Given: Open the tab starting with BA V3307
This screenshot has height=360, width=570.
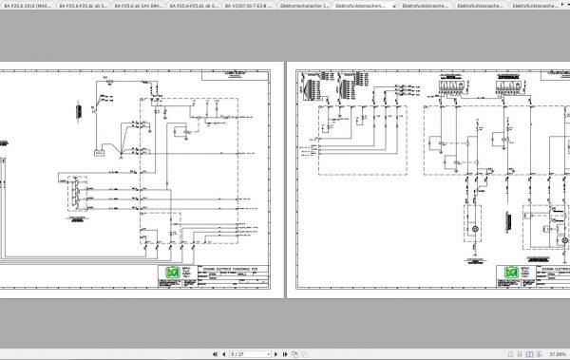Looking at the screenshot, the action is (250, 6).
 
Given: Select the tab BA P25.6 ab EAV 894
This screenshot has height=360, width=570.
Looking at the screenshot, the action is (140, 6).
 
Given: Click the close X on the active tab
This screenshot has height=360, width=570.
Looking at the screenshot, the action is (393, 6).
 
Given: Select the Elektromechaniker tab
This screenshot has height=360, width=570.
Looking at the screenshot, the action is (305, 6).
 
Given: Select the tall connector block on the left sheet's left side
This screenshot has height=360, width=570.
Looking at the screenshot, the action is (71, 198).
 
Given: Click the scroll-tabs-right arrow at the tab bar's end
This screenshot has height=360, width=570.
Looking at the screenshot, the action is (564, 6).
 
